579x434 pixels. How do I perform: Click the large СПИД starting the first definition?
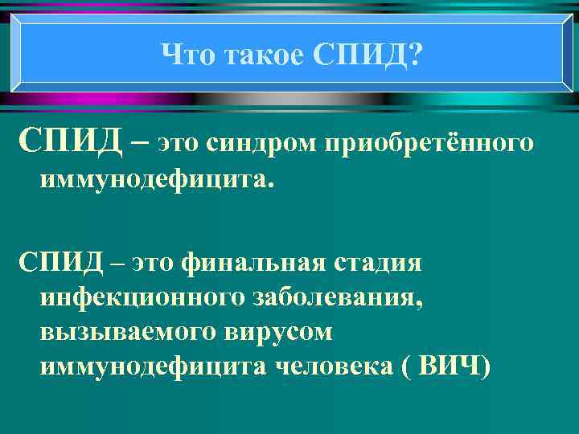[x=70, y=142]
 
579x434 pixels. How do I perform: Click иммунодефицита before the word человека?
[x=153, y=366]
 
